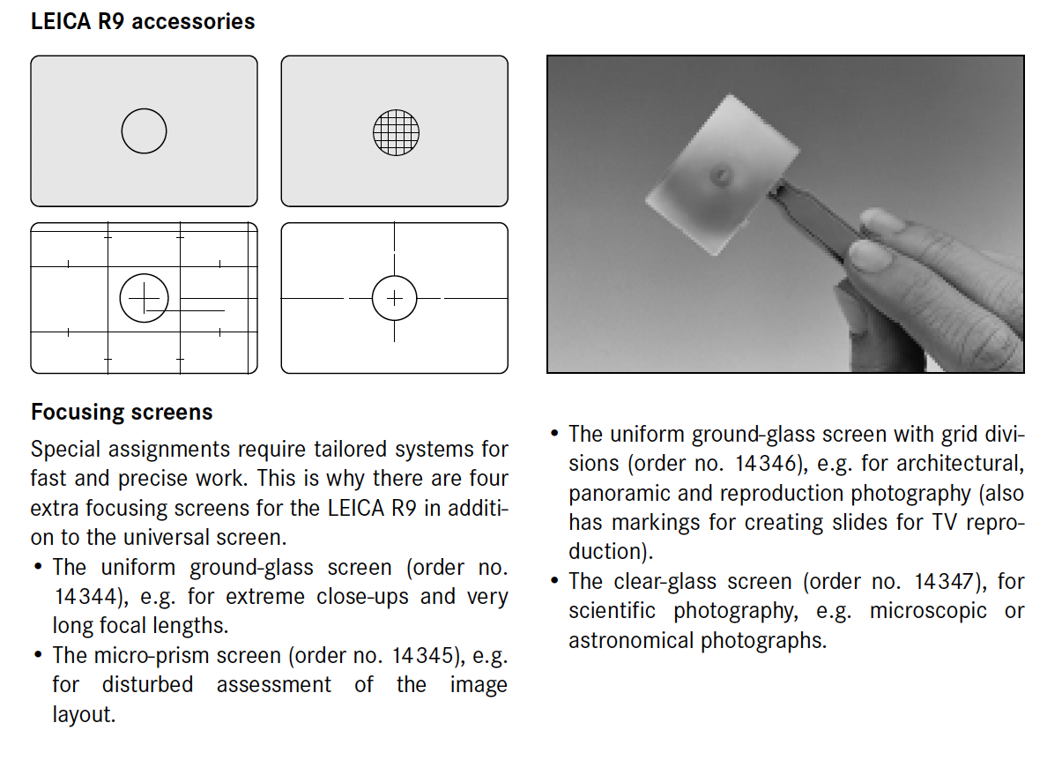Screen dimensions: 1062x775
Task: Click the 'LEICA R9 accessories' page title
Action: [x=143, y=22]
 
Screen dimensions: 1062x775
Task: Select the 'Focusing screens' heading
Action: [x=122, y=412]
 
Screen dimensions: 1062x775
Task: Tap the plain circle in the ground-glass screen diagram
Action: [x=145, y=109]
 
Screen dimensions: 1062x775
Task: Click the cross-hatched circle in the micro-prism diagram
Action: [x=396, y=133]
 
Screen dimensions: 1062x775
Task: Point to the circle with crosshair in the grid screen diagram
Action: [x=145, y=274]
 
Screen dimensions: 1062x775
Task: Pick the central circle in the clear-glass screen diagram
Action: [x=395, y=277]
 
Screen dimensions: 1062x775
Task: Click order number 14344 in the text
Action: [x=85, y=597]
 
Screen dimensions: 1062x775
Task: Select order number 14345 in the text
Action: [x=422, y=655]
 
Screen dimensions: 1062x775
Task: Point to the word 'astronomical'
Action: [x=631, y=640]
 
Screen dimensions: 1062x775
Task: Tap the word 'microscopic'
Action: [x=928, y=611]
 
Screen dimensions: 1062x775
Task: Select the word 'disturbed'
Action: [x=147, y=684]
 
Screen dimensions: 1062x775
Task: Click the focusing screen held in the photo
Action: [x=723, y=175]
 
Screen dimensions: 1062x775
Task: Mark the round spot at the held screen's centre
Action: [x=721, y=175]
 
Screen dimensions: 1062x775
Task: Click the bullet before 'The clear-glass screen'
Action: [x=554, y=580]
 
